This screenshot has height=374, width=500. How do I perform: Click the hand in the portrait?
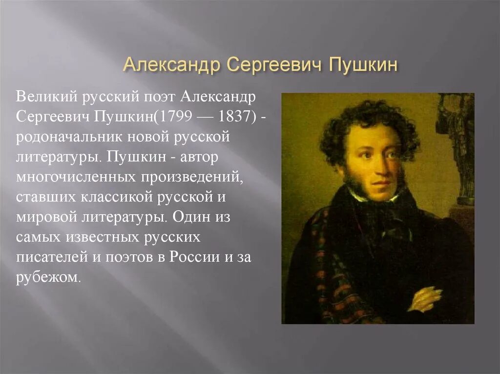tap(423, 298)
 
